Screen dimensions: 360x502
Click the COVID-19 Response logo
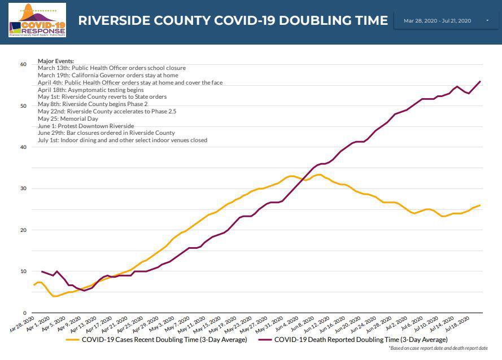(x=37, y=20)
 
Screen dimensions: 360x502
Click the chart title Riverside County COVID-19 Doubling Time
(x=233, y=21)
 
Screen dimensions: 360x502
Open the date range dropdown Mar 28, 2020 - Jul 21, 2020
(x=446, y=21)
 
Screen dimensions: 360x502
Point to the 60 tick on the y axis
(x=23, y=64)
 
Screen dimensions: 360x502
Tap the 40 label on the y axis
(x=23, y=147)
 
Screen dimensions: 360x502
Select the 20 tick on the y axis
(x=23, y=230)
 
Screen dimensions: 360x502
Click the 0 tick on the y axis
(x=25, y=313)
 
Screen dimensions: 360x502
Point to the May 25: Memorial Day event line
(x=68, y=118)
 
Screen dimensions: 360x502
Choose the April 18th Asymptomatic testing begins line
(x=90, y=90)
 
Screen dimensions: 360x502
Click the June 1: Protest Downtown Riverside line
(x=86, y=126)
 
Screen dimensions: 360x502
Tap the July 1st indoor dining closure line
(x=123, y=140)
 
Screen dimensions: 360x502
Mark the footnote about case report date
(x=438, y=349)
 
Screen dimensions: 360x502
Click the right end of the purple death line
(x=480, y=81)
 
